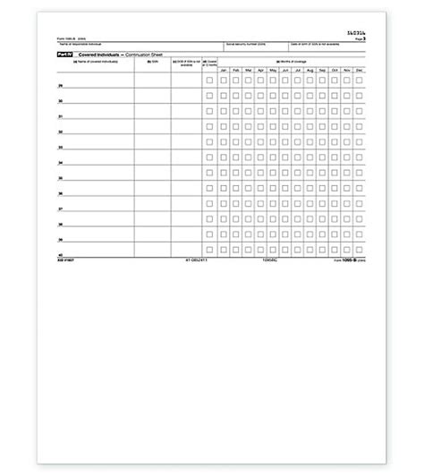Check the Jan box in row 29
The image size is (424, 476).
point(223,80)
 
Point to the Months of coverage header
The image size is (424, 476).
point(291,62)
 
